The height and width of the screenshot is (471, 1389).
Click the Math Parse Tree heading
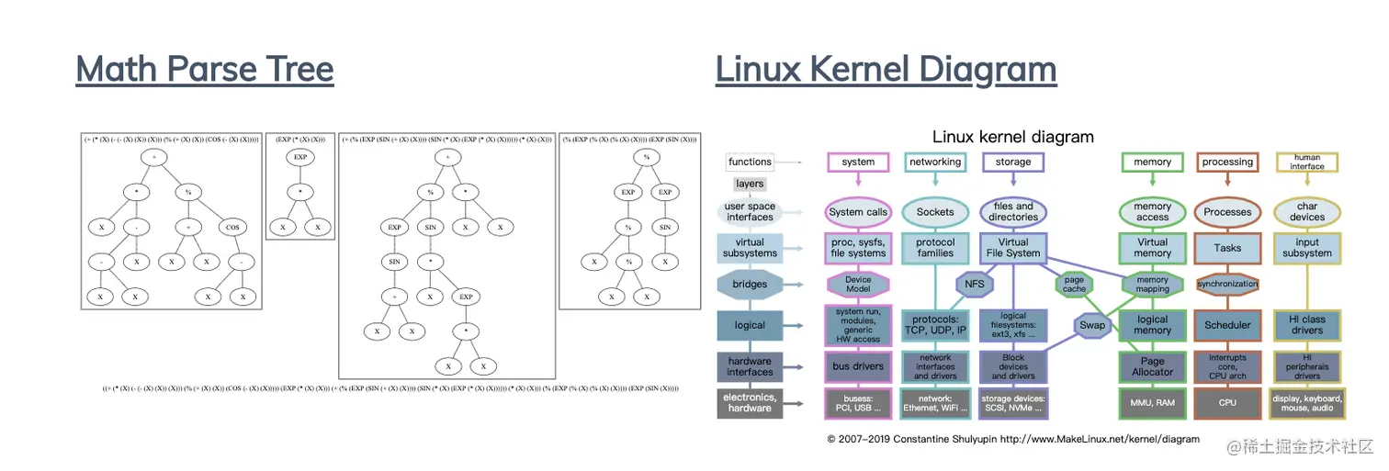204,70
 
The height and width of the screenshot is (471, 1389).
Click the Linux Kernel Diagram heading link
886,70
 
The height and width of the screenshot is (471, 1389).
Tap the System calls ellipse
858,212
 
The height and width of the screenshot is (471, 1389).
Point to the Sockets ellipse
935,212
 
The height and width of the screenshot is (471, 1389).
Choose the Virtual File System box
1013,248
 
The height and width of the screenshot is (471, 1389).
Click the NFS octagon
975,284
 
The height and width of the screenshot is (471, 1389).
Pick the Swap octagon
1092,325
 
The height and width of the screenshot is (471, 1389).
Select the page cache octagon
1074,284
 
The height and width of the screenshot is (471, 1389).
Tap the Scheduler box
1227,325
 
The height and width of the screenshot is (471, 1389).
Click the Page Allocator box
1152,366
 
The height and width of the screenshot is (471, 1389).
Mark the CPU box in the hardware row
1227,402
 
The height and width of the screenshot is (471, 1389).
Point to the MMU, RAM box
1152,402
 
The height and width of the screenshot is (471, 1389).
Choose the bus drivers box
858,366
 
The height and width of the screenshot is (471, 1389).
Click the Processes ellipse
1227,212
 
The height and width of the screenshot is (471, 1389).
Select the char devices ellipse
1306,212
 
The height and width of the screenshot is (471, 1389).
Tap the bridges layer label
750,284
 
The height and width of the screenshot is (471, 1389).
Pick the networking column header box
935,163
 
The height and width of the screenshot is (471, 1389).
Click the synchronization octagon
1227,284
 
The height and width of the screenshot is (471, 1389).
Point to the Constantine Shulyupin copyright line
1012,439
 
